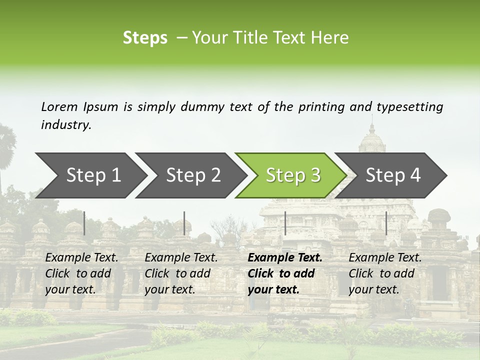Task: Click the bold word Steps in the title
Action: pyautogui.click(x=145, y=38)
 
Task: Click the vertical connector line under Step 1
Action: pyautogui.click(x=84, y=223)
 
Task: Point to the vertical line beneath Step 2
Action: pyautogui.click(x=184, y=223)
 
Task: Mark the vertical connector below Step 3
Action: pyautogui.click(x=285, y=223)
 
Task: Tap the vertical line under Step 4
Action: pyautogui.click(x=386, y=223)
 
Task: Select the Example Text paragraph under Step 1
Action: pyautogui.click(x=81, y=273)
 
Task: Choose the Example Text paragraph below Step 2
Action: pyautogui.click(x=181, y=273)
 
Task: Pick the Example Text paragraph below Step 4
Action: pyautogui.click(x=385, y=273)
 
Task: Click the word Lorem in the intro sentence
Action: pyautogui.click(x=59, y=106)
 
